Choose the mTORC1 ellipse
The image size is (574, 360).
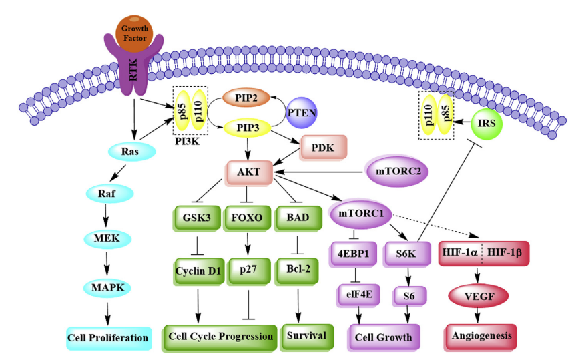point(361,215)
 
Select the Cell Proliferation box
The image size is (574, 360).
point(107,337)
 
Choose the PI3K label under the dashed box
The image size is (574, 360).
point(188,142)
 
